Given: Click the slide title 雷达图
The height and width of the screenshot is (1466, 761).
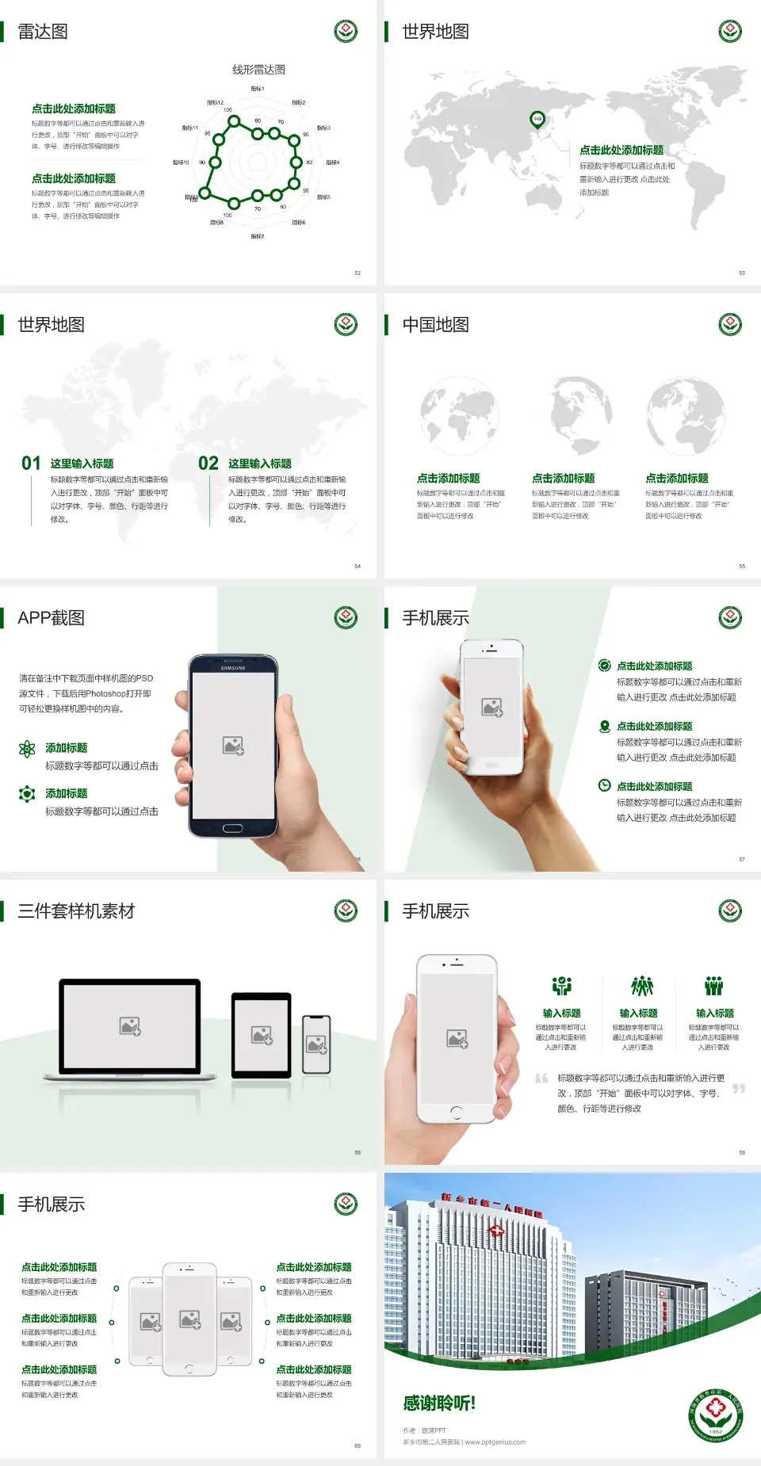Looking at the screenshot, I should (43, 32).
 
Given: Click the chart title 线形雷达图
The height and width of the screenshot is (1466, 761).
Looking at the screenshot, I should (258, 70).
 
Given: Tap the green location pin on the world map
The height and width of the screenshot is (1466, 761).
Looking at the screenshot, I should (537, 120).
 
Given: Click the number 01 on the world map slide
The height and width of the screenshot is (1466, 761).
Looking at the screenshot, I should (31, 463).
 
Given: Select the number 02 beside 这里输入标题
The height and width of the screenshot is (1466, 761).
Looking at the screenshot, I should (208, 463).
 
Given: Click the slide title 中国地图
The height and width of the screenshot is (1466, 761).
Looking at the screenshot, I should (435, 325).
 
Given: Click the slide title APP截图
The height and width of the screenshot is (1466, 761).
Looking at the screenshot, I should (52, 618).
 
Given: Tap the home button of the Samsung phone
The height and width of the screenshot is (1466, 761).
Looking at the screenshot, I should (232, 828).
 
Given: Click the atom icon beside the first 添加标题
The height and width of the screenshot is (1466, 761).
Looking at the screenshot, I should (27, 749).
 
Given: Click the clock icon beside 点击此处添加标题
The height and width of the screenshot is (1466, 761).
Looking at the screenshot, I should (604, 785).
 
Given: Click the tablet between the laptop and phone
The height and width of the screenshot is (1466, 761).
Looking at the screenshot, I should (262, 1034).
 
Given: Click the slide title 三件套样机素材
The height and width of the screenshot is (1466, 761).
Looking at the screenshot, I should (76, 911).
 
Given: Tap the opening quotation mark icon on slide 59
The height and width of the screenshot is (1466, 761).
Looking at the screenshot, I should (541, 1079).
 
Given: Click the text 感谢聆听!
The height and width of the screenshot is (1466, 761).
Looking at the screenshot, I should (439, 1403).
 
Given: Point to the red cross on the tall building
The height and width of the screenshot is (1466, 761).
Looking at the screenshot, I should (497, 1231).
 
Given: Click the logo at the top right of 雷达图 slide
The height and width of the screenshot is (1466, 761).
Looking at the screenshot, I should (346, 32).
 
